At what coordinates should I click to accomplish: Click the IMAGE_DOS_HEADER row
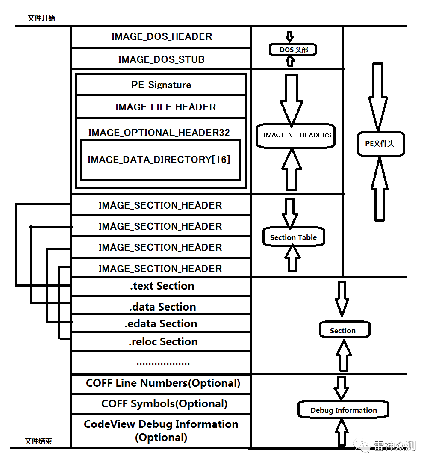pos(161,37)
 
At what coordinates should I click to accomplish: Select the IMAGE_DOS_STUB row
pos(161,59)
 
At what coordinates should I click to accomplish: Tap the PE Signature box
pos(161,85)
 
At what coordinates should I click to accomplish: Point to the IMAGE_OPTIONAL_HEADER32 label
pos(159,133)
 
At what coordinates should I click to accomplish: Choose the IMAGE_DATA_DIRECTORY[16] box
pos(159,160)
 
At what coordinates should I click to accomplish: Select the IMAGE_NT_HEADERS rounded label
pos(296,135)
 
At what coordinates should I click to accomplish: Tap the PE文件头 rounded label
pos(380,144)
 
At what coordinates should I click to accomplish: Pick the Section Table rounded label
pos(294,237)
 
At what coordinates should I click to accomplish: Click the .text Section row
pos(162,286)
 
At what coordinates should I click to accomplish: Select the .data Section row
pos(162,307)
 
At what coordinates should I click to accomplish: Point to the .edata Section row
pos(161,324)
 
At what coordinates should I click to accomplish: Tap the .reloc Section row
pos(163,342)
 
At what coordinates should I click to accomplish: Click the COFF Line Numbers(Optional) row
pos(163,383)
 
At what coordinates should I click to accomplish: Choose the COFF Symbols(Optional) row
pos(164,403)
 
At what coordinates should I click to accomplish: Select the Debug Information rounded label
pos(344,410)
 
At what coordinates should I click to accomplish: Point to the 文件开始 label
pos(41,18)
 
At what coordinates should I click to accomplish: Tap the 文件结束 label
pos(38,441)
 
